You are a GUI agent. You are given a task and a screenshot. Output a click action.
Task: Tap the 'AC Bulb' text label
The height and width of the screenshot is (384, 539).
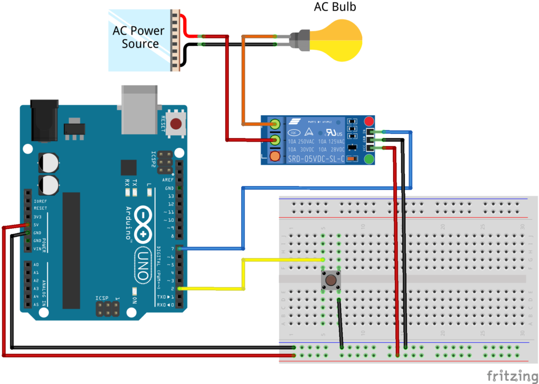(335, 7)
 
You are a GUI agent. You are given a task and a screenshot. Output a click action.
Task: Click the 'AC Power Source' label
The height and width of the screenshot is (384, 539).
(139, 37)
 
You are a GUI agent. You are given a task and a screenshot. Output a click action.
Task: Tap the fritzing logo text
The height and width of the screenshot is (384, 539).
(508, 376)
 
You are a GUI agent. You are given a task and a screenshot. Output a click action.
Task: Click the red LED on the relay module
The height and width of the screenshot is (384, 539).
(369, 121)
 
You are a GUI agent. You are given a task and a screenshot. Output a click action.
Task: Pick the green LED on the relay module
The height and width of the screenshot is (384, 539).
(369, 159)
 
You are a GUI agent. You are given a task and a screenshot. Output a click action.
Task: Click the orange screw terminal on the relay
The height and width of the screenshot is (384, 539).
(275, 156)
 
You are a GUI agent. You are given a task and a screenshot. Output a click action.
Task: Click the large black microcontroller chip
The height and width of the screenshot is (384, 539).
(71, 250)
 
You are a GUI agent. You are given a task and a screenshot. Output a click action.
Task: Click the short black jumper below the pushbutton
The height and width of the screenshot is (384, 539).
(341, 323)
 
